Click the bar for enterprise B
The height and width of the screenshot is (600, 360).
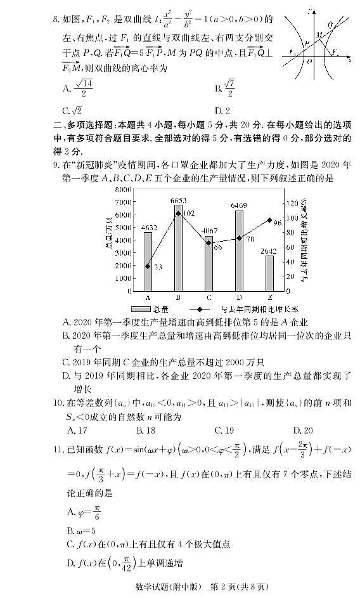(x=178, y=247)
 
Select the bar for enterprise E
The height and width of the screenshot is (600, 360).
(x=269, y=273)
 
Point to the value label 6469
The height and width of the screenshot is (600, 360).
(x=239, y=205)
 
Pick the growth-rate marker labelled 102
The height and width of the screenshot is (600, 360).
(x=178, y=213)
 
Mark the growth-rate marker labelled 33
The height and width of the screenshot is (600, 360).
(x=148, y=266)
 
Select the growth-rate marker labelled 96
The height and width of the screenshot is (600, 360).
(x=269, y=220)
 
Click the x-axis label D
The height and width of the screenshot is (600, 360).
(x=239, y=297)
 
